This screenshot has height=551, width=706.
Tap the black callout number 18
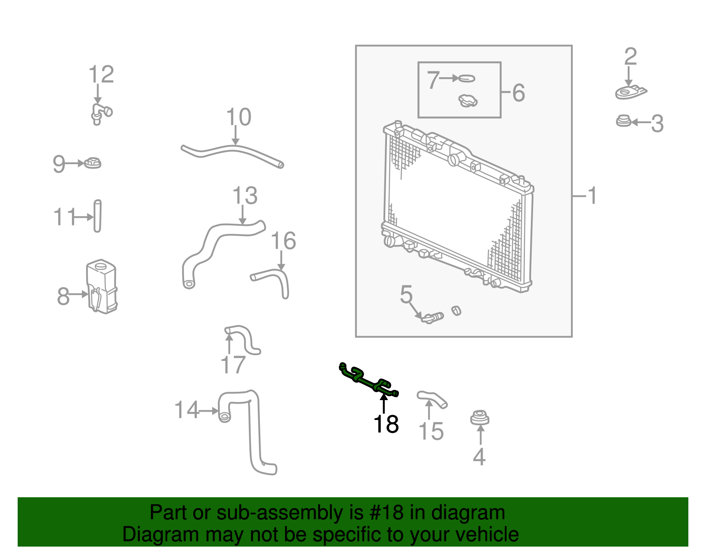[x=386, y=424]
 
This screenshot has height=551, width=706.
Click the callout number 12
[x=101, y=75]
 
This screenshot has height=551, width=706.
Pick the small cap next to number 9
[x=93, y=163]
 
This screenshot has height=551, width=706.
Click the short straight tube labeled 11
[x=98, y=216]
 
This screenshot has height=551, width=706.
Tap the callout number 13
[x=245, y=196]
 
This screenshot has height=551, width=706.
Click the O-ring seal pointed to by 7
[x=467, y=79]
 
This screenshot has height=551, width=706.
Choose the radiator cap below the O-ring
[x=468, y=101]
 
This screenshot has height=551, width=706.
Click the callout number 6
[x=518, y=93]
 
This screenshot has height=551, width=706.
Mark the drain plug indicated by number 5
[x=432, y=317]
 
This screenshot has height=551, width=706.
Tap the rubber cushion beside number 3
[x=623, y=121]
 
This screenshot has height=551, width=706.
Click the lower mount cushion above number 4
[x=480, y=417]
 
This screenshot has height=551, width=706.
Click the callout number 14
[x=187, y=410]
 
